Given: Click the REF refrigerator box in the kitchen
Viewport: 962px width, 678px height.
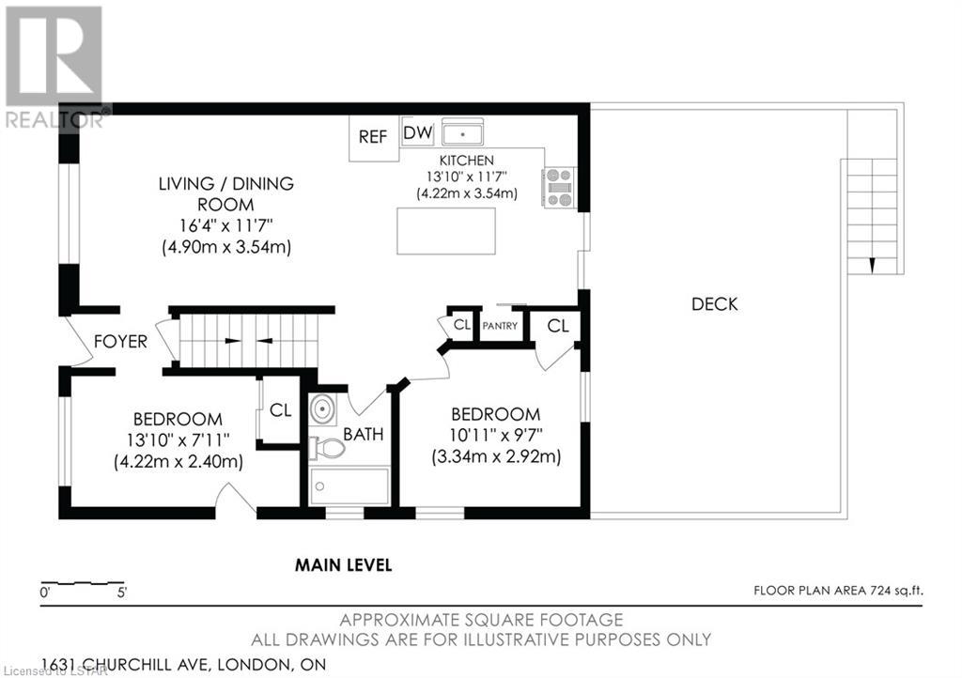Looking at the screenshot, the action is click(x=374, y=139).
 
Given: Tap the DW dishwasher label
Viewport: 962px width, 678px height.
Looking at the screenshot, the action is click(x=418, y=132).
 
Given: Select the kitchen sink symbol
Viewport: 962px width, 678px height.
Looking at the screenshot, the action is click(x=462, y=131).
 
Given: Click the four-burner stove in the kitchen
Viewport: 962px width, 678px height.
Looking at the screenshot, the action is click(x=559, y=187).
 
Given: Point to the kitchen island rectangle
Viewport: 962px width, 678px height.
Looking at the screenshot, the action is click(x=446, y=231).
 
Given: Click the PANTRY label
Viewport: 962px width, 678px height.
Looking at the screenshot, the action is click(x=500, y=326).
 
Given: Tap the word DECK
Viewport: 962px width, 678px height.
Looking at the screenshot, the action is click(x=715, y=304).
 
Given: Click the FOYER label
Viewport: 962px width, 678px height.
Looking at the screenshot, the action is click(x=120, y=342).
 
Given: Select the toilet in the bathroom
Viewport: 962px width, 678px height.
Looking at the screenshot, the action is click(x=326, y=448).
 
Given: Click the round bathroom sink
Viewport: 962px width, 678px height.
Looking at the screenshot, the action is click(x=322, y=408).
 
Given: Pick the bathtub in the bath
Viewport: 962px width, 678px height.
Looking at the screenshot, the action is click(x=349, y=486).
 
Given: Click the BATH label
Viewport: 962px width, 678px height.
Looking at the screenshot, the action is click(x=364, y=435).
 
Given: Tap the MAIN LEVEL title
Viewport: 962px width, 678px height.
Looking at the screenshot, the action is click(x=344, y=564).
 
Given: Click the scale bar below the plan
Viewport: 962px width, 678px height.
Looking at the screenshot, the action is click(x=83, y=582).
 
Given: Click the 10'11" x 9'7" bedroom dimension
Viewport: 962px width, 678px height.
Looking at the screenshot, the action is click(x=496, y=435).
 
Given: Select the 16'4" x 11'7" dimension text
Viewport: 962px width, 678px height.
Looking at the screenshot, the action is click(x=225, y=225).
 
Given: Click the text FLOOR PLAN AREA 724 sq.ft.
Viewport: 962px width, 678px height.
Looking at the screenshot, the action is click(x=838, y=591).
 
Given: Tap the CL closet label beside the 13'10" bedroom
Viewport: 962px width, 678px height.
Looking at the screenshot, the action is click(x=280, y=410).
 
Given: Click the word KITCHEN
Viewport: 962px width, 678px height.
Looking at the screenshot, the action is click(x=466, y=161).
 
